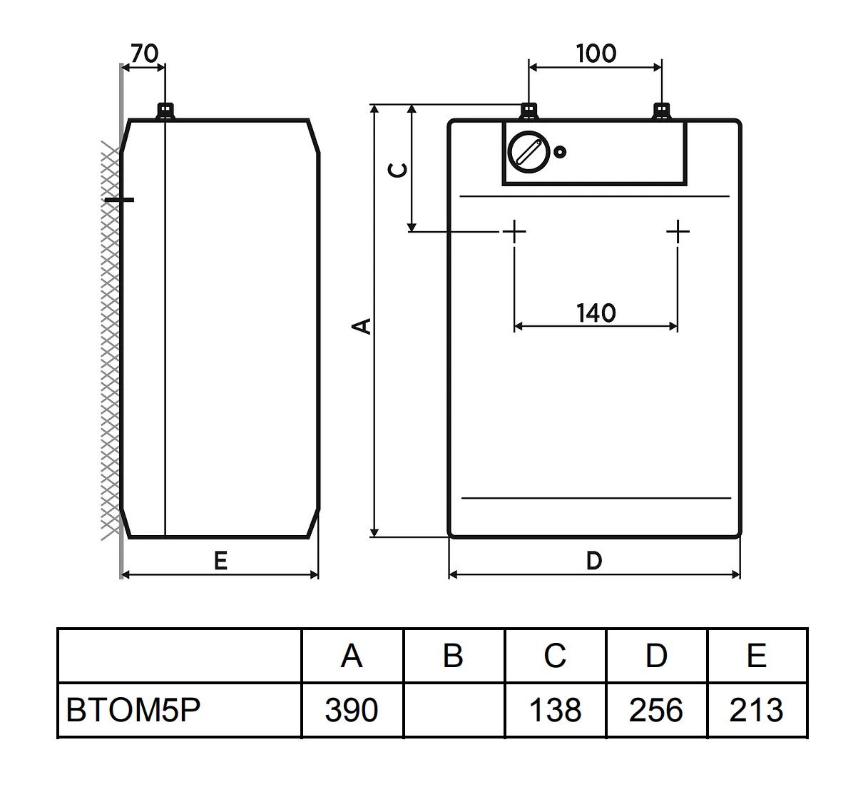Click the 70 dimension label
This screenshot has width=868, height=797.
(x=145, y=54)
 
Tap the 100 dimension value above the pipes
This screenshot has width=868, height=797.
(x=596, y=54)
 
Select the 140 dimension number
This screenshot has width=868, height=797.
(x=596, y=313)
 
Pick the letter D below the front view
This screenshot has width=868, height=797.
(x=594, y=561)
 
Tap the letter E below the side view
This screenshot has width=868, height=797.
(x=220, y=561)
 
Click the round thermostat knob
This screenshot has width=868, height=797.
(x=530, y=152)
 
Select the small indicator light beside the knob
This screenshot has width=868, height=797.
(x=560, y=152)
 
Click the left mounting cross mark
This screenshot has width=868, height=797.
(x=514, y=232)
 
